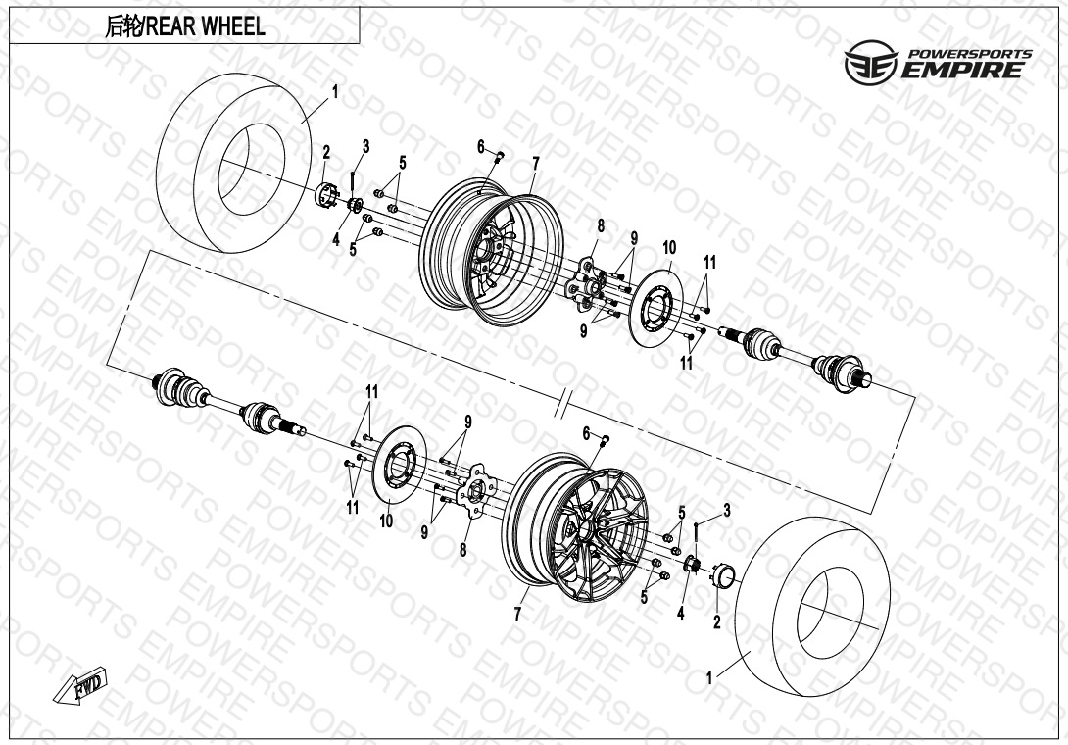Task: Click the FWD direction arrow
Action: pyautogui.click(x=81, y=685)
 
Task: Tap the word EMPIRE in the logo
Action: pyautogui.click(x=962, y=70)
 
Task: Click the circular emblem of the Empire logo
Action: pyautogui.click(x=871, y=62)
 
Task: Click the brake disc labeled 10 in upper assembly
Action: pyautogui.click(x=655, y=308)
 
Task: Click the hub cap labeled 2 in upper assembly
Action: pyautogui.click(x=327, y=195)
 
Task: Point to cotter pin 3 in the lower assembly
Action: pyautogui.click(x=696, y=533)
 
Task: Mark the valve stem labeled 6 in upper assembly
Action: pyautogui.click(x=500, y=158)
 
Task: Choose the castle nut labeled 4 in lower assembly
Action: pyautogui.click(x=692, y=565)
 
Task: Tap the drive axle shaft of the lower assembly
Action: pyautogui.click(x=228, y=403)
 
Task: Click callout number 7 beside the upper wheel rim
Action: pyautogui.click(x=536, y=164)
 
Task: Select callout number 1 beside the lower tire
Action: pyautogui.click(x=709, y=677)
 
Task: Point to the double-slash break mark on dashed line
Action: pyautogui.click(x=561, y=407)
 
